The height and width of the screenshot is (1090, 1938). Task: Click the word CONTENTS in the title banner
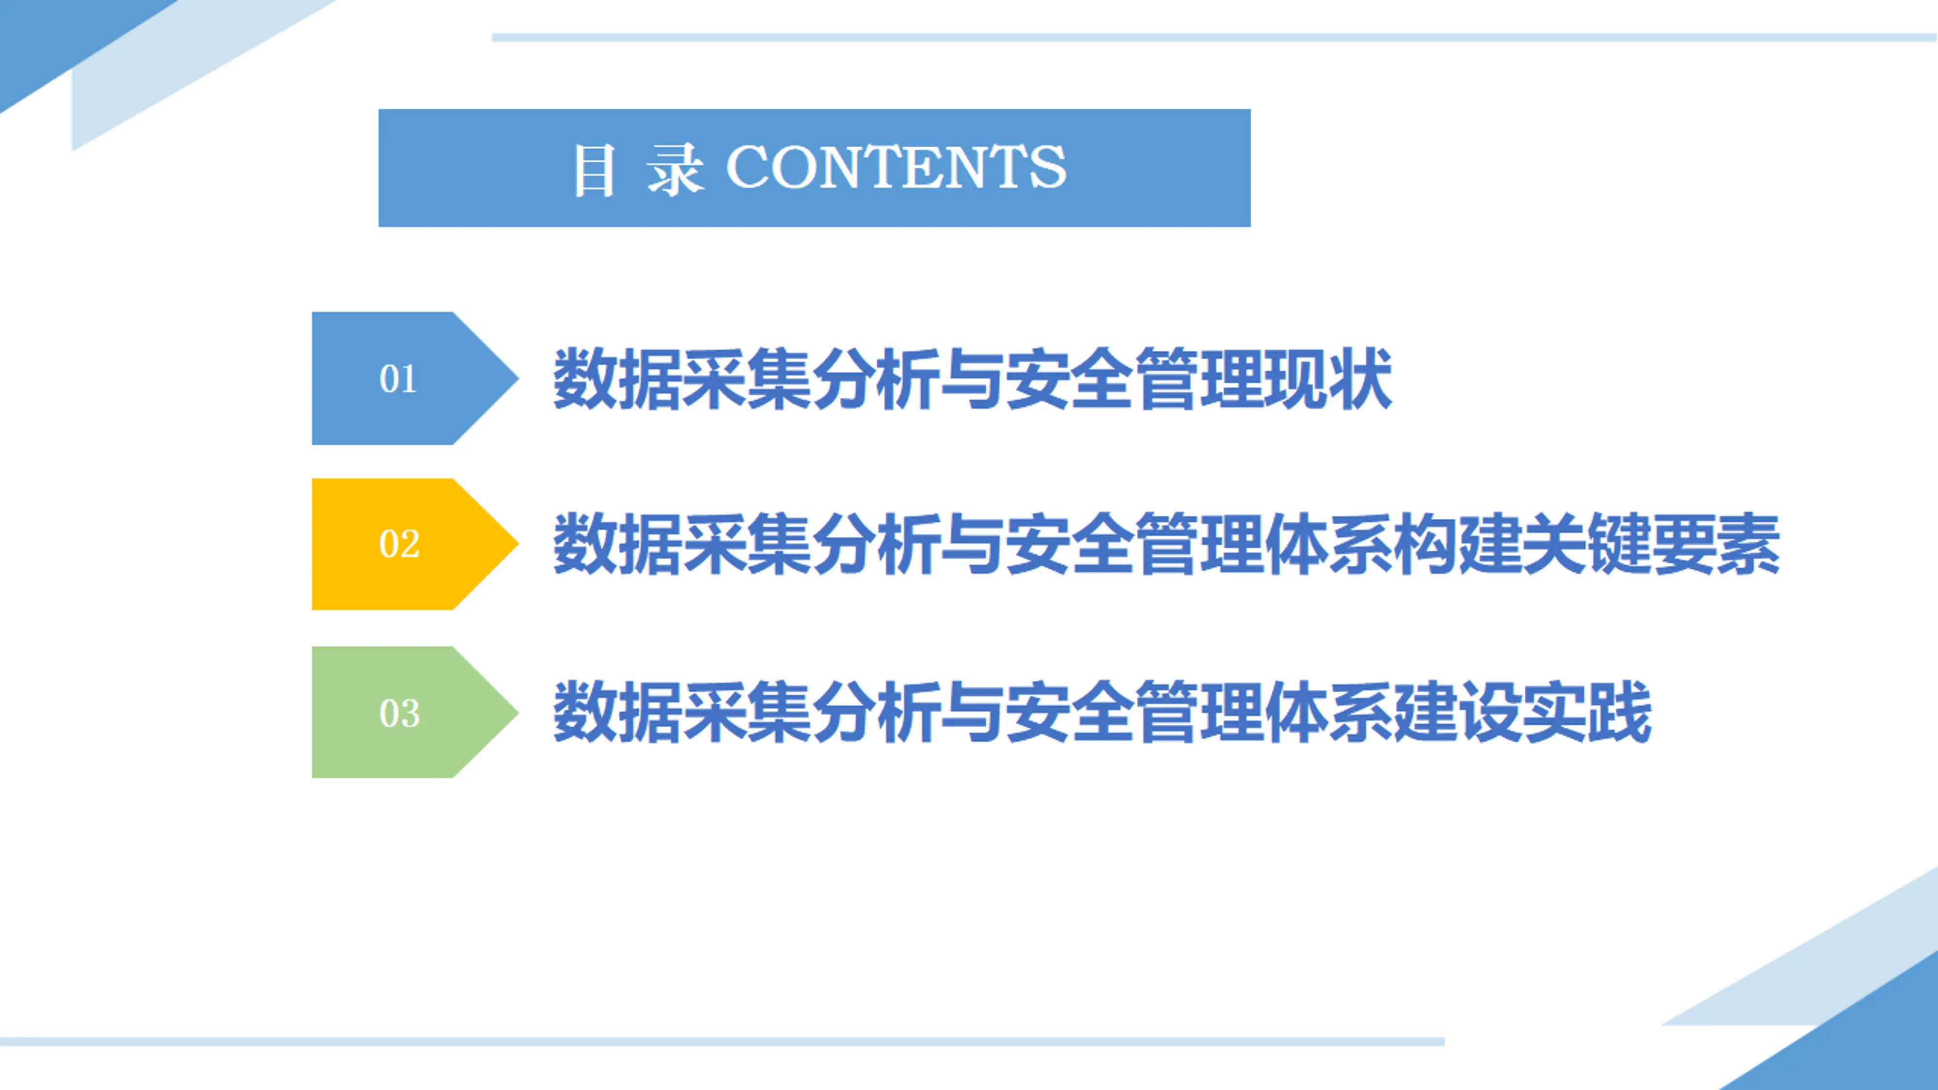point(895,167)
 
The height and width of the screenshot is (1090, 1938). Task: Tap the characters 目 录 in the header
point(638,169)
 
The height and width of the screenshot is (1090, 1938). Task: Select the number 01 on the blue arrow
point(398,378)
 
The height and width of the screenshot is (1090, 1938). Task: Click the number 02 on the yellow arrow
point(399,544)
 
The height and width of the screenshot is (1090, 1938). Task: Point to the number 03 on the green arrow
point(399,712)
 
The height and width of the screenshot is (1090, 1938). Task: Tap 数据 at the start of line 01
point(617,378)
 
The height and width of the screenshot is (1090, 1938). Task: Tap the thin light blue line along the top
point(1204,37)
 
